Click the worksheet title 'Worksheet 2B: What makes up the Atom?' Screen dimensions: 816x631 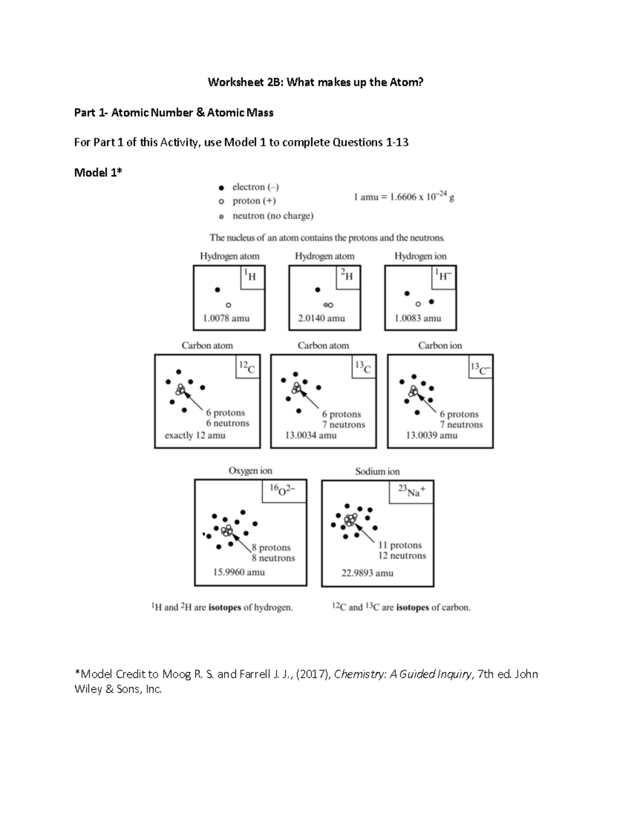[x=315, y=82]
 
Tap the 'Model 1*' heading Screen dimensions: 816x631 [x=98, y=172]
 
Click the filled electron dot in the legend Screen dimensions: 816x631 [x=221, y=187]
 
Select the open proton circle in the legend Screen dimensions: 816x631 [x=221, y=201]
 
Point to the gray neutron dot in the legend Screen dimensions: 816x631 [x=221, y=216]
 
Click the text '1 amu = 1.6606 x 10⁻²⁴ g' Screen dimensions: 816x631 [x=404, y=197]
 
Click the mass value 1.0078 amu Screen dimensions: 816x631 [x=226, y=318]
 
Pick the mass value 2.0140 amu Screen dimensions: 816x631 [x=321, y=318]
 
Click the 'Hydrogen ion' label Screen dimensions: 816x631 [x=420, y=256]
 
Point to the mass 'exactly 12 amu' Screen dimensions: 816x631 [x=195, y=435]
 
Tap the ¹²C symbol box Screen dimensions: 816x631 [x=247, y=367]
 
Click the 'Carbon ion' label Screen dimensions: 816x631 [x=440, y=345]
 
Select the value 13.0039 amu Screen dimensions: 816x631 [x=432, y=435]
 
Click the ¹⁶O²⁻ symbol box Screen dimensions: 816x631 [x=284, y=490]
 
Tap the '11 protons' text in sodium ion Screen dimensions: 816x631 [x=400, y=545]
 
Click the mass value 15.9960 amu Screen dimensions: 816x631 [x=239, y=572]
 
